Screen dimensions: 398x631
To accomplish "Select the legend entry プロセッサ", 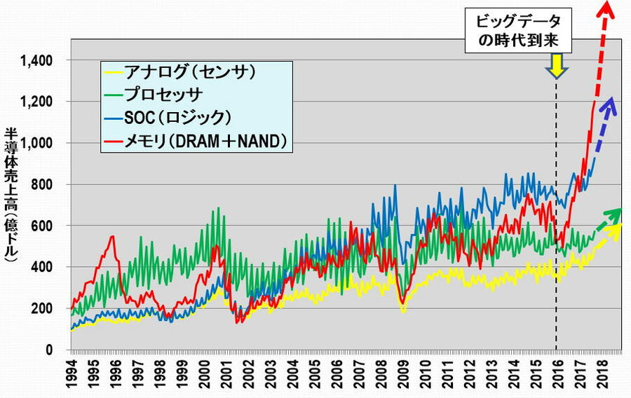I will (163, 94).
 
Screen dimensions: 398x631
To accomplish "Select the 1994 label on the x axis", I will (73, 372).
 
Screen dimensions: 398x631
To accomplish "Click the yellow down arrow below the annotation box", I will (557, 67).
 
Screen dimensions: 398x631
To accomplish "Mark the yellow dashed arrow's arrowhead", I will (617, 227).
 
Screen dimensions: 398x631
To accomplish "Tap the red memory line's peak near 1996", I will (112, 237).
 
